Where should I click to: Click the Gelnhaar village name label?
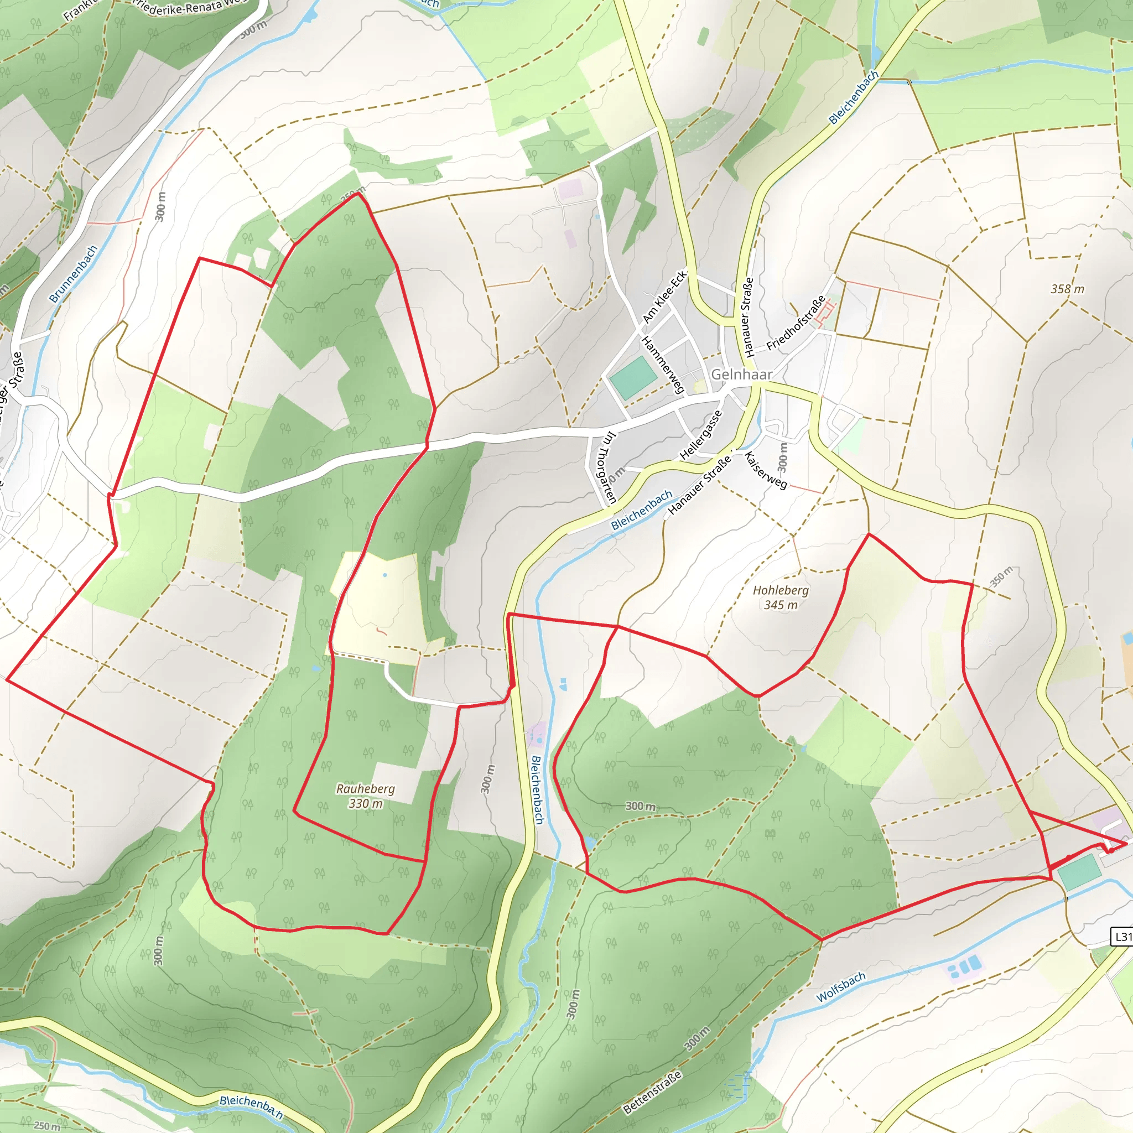[741, 374]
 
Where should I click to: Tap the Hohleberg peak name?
[781, 590]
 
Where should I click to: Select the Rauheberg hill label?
[365, 789]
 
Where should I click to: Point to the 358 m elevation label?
[1067, 289]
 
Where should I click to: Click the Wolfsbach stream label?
[841, 986]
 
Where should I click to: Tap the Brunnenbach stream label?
[74, 274]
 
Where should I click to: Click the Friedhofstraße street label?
[796, 323]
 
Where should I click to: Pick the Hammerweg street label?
[663, 365]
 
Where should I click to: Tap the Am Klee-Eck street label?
[664, 297]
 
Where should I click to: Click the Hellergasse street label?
[701, 434]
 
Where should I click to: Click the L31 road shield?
[1122, 937]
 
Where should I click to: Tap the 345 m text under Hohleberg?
[781, 605]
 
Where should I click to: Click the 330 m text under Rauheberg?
[365, 803]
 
